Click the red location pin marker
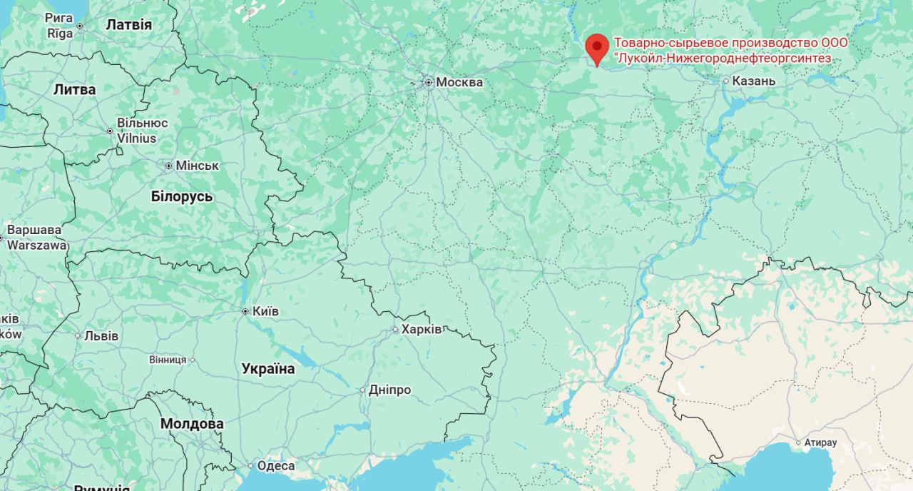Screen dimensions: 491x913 (x=596, y=46)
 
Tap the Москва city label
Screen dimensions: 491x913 (x=459, y=82)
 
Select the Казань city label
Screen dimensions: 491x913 (x=753, y=81)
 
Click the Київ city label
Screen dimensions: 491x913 (x=265, y=311)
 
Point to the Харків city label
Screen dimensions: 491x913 (x=422, y=329)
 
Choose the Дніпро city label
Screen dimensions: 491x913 (x=390, y=390)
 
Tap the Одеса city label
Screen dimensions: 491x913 (x=275, y=465)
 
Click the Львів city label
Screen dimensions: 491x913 (x=101, y=335)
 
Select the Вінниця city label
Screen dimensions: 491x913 (x=168, y=360)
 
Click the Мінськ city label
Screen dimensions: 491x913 (x=198, y=166)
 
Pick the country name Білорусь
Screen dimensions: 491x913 (x=182, y=196)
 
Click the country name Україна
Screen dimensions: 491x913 (x=268, y=369)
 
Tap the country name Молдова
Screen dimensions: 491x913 (x=191, y=424)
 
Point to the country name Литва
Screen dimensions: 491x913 (x=74, y=89)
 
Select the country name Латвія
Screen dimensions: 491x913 (x=128, y=24)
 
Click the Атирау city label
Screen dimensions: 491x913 (x=820, y=442)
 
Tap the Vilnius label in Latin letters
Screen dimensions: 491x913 (x=136, y=138)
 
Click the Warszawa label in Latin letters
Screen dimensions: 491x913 (x=37, y=245)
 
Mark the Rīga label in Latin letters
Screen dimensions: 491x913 (x=60, y=33)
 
